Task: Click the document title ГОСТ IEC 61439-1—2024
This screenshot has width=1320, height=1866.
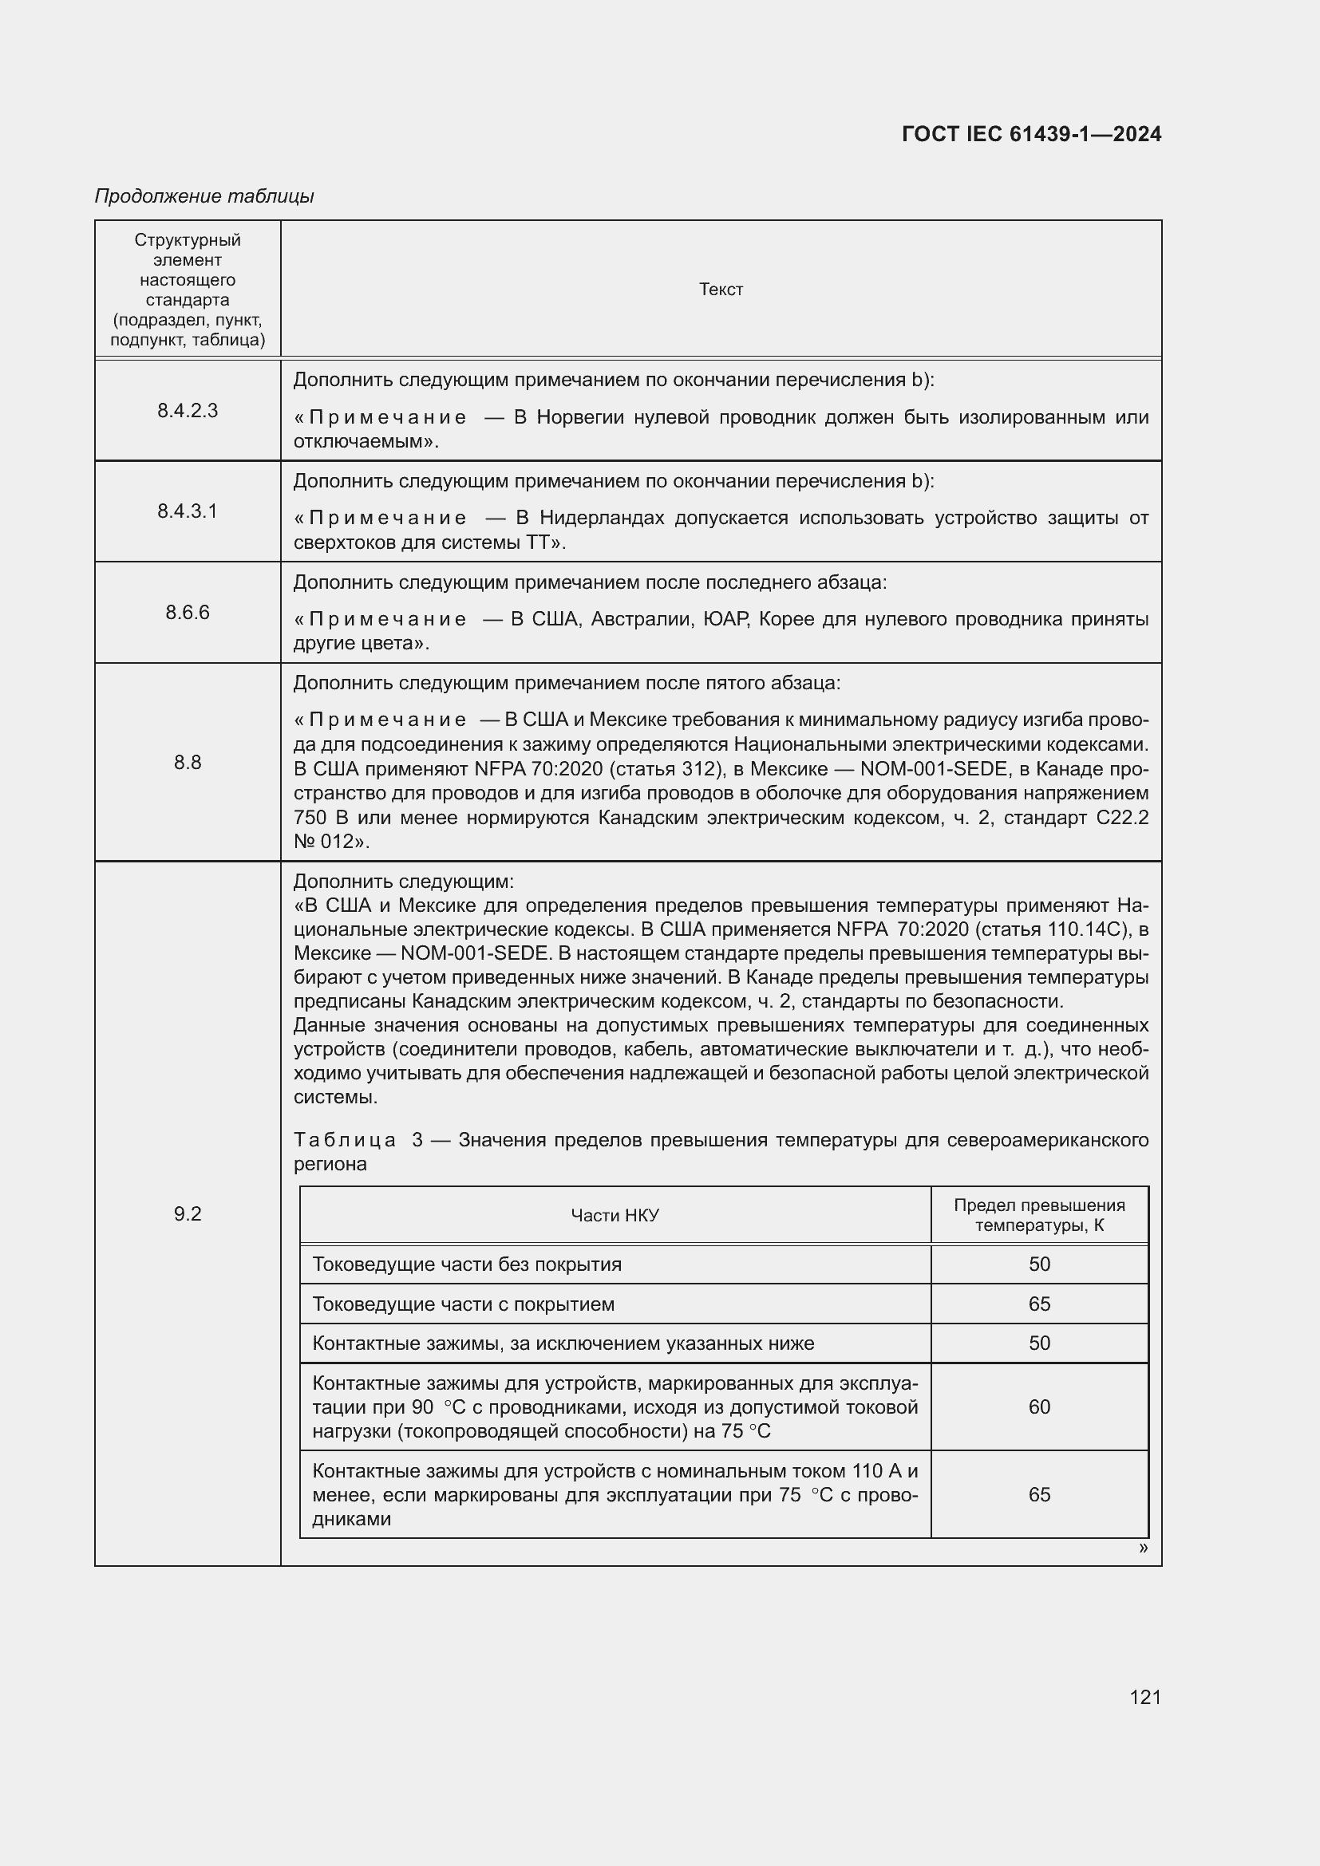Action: click(1030, 134)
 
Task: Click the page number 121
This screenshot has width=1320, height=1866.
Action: click(1144, 1696)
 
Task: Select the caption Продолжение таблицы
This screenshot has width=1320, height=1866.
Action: click(204, 196)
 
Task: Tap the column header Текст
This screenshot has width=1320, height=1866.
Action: click(720, 290)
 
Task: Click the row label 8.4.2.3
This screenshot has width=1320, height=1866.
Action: click(188, 410)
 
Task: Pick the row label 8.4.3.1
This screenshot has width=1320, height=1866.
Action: click(188, 511)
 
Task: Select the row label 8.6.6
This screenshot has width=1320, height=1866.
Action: click(188, 612)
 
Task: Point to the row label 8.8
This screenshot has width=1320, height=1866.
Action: click(188, 762)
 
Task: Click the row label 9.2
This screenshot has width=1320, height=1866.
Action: click(188, 1213)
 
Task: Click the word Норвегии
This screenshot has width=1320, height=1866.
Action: click(580, 417)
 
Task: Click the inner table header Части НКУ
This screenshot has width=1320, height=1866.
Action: click(615, 1215)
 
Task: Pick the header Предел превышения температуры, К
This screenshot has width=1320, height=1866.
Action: click(1039, 1215)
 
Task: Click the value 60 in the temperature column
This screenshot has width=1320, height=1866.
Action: click(1039, 1406)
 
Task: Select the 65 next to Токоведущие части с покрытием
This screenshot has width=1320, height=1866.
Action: click(1039, 1304)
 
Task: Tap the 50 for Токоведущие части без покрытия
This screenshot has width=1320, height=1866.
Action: click(1039, 1264)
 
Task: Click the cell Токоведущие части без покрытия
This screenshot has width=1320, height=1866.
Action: click(467, 1264)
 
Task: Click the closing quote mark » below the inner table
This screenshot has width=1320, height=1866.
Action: click(1143, 1548)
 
